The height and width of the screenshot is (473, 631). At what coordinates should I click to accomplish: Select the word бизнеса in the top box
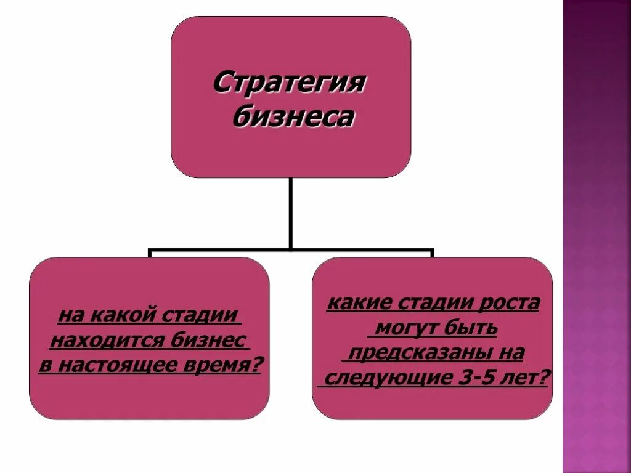(x=293, y=117)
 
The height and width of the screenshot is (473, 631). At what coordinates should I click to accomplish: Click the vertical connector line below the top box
(x=290, y=212)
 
